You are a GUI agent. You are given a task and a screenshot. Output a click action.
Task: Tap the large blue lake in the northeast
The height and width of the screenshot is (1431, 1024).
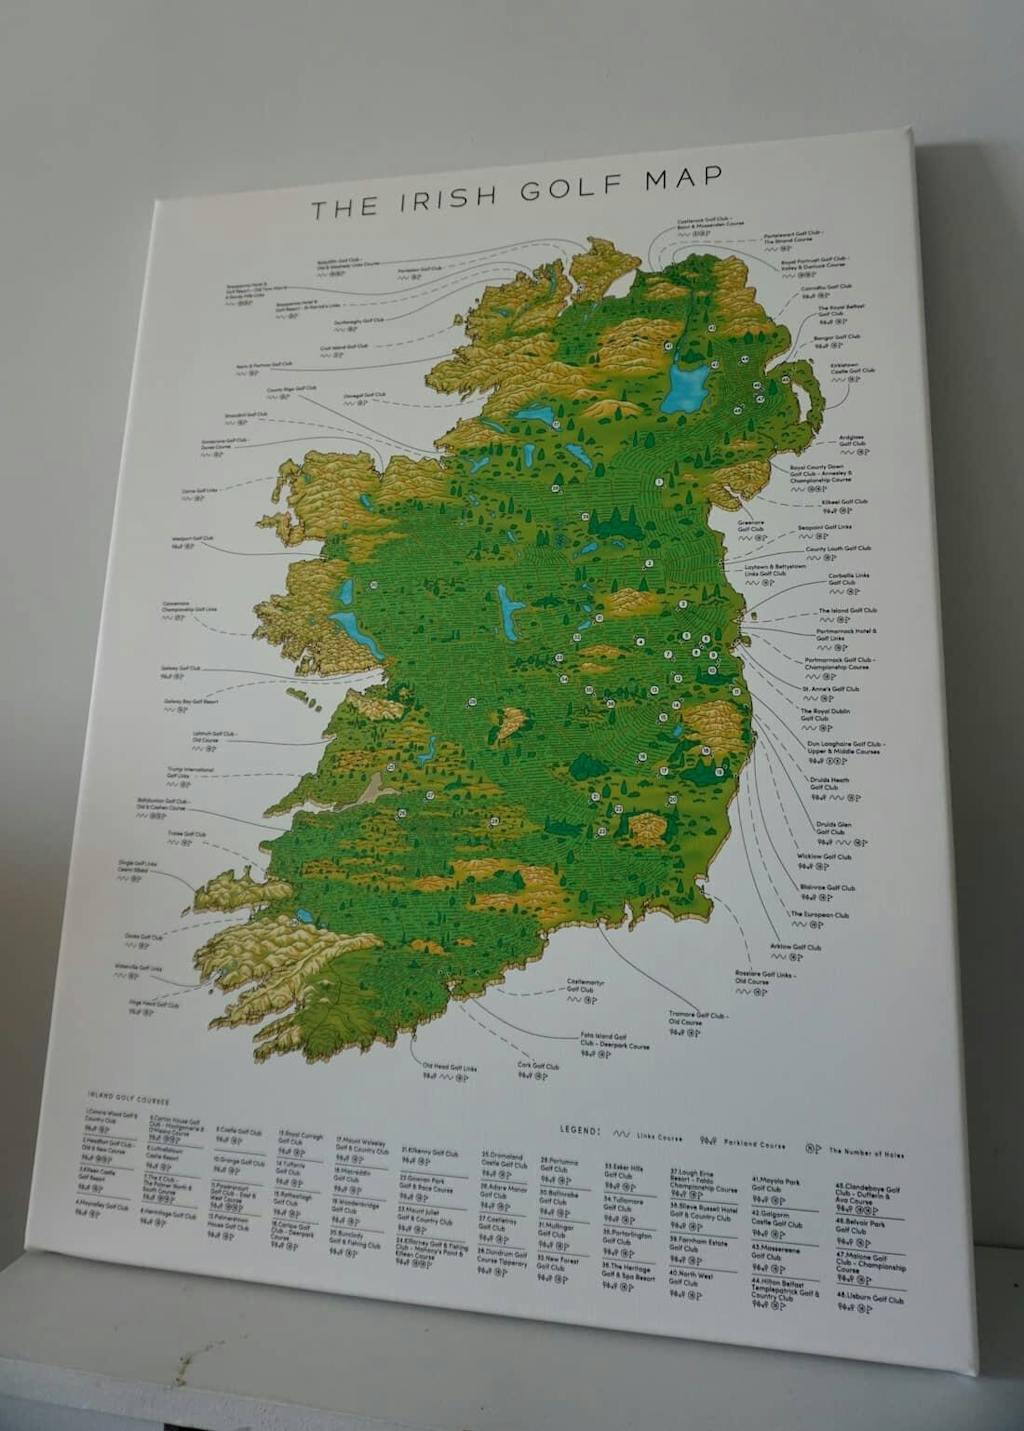(x=685, y=386)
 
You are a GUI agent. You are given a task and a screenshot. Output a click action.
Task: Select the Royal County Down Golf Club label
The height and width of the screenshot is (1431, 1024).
(x=817, y=473)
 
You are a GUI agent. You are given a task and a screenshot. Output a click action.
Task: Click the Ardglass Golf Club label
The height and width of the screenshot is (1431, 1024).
(x=851, y=440)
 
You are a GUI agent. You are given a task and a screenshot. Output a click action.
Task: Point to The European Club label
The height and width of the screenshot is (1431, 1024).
(x=819, y=914)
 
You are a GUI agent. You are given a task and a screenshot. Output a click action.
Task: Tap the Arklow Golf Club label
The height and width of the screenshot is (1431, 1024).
(x=795, y=947)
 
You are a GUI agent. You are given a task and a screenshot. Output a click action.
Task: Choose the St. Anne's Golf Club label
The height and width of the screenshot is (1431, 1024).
(x=829, y=689)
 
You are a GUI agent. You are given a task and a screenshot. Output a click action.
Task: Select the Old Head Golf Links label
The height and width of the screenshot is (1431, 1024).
(x=449, y=1068)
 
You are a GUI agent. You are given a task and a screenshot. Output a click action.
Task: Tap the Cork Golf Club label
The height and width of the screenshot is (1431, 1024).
(x=538, y=1066)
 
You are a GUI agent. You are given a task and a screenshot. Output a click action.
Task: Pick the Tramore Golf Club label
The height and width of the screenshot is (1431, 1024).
(x=697, y=1018)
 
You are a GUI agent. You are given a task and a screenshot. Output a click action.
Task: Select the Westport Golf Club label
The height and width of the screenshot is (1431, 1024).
(x=192, y=539)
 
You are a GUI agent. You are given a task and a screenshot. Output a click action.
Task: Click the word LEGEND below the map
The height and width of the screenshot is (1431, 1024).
(x=580, y=1130)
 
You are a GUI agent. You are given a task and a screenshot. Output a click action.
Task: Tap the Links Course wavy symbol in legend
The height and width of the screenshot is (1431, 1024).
(x=621, y=1134)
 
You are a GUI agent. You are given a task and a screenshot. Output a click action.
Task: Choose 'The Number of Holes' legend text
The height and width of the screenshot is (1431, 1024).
(x=866, y=1153)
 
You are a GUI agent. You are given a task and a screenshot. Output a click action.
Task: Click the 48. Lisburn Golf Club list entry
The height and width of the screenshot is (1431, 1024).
(x=869, y=1298)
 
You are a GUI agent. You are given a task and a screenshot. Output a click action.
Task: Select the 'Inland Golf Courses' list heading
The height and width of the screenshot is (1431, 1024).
(x=114, y=1098)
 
